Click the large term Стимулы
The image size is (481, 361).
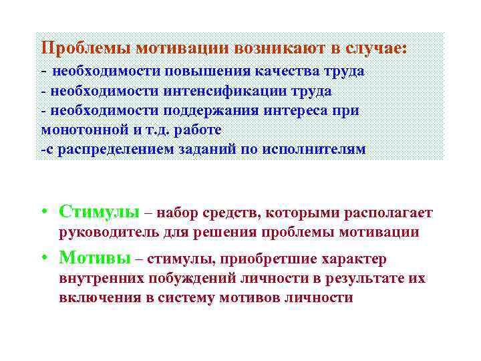(99, 212)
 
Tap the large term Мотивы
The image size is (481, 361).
(94, 257)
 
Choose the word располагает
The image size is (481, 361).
(387, 213)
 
